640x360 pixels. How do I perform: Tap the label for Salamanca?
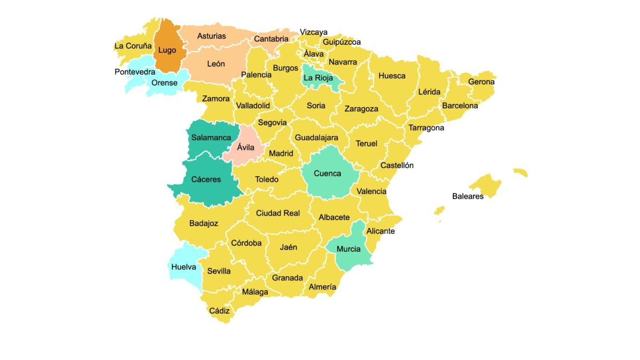point(211,138)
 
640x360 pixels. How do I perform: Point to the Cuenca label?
point(327,173)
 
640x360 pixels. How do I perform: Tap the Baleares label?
point(468,196)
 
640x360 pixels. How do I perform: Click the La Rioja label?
point(318,78)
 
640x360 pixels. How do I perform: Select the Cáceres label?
point(206,180)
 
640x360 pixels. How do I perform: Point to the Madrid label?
point(281,154)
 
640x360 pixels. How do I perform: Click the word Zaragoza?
point(361,109)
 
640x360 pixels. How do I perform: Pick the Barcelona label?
point(460,106)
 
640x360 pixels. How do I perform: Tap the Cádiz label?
point(219,311)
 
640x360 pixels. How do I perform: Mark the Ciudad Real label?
point(278,213)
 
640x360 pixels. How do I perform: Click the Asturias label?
point(211,36)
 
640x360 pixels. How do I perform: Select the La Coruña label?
point(133,46)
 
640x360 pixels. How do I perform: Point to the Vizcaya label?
point(314,32)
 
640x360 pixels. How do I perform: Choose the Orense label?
point(164,83)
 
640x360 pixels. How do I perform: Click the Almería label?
point(322,287)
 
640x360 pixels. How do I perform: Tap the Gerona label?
point(481,82)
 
